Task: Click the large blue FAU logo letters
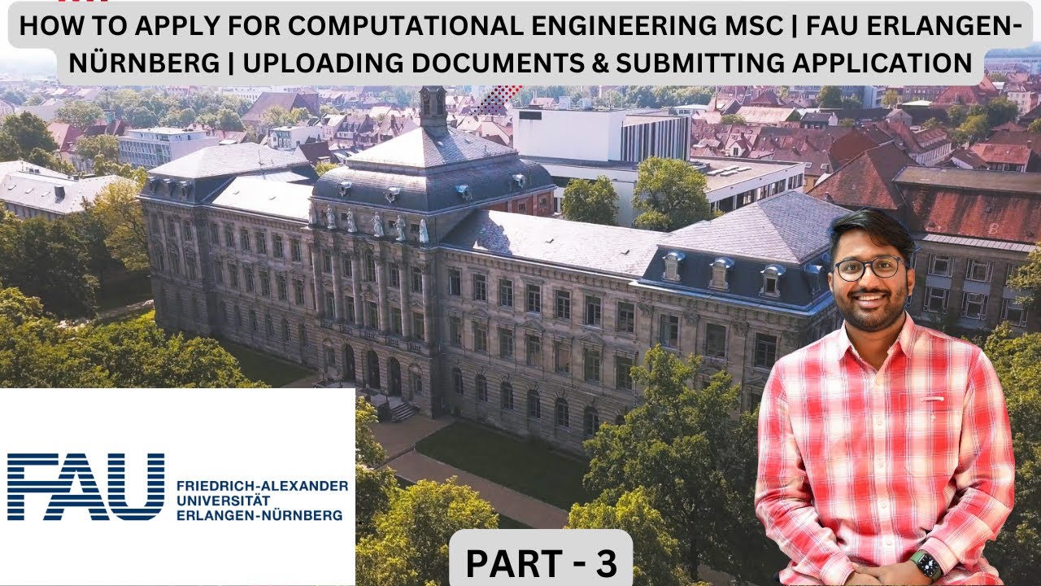coord(85,487)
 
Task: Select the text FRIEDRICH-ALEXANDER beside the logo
coord(261,486)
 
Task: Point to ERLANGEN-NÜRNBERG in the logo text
coord(259,515)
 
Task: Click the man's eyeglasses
coord(869,268)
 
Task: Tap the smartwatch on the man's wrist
coord(926,564)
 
